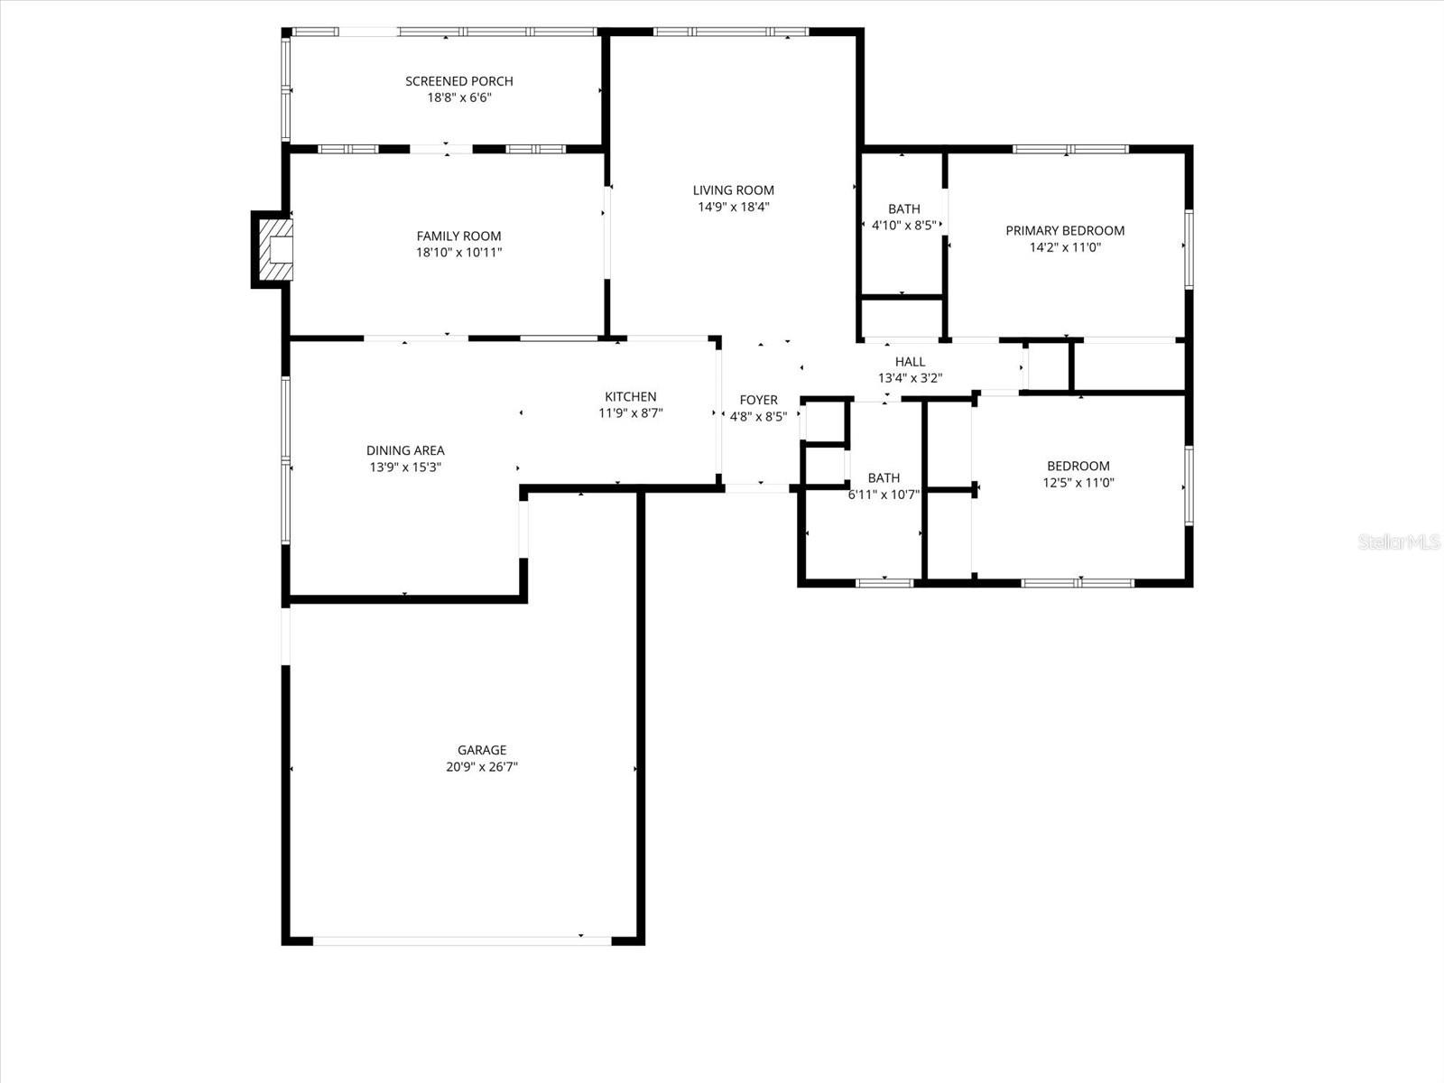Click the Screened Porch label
[x=458, y=81]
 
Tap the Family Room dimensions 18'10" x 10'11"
[x=458, y=253]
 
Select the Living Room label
[x=733, y=190]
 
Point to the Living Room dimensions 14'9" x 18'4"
[x=733, y=207]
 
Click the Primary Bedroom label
[x=1065, y=231]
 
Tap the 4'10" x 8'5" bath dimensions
[x=903, y=226]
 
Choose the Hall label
[x=910, y=362]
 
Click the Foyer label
[x=758, y=400]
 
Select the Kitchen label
[x=630, y=397]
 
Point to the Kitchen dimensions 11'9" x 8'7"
[x=630, y=413]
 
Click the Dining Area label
[x=405, y=450]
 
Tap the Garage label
[x=482, y=750]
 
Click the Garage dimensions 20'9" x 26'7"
[x=482, y=767]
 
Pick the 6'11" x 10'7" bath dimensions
[x=884, y=495]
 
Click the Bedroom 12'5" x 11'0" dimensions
[x=1078, y=483]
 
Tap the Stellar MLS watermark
[x=1400, y=542]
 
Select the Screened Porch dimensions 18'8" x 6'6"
[x=458, y=97]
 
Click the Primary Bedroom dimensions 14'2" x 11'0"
[x=1065, y=247]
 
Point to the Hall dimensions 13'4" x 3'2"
[x=910, y=378]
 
